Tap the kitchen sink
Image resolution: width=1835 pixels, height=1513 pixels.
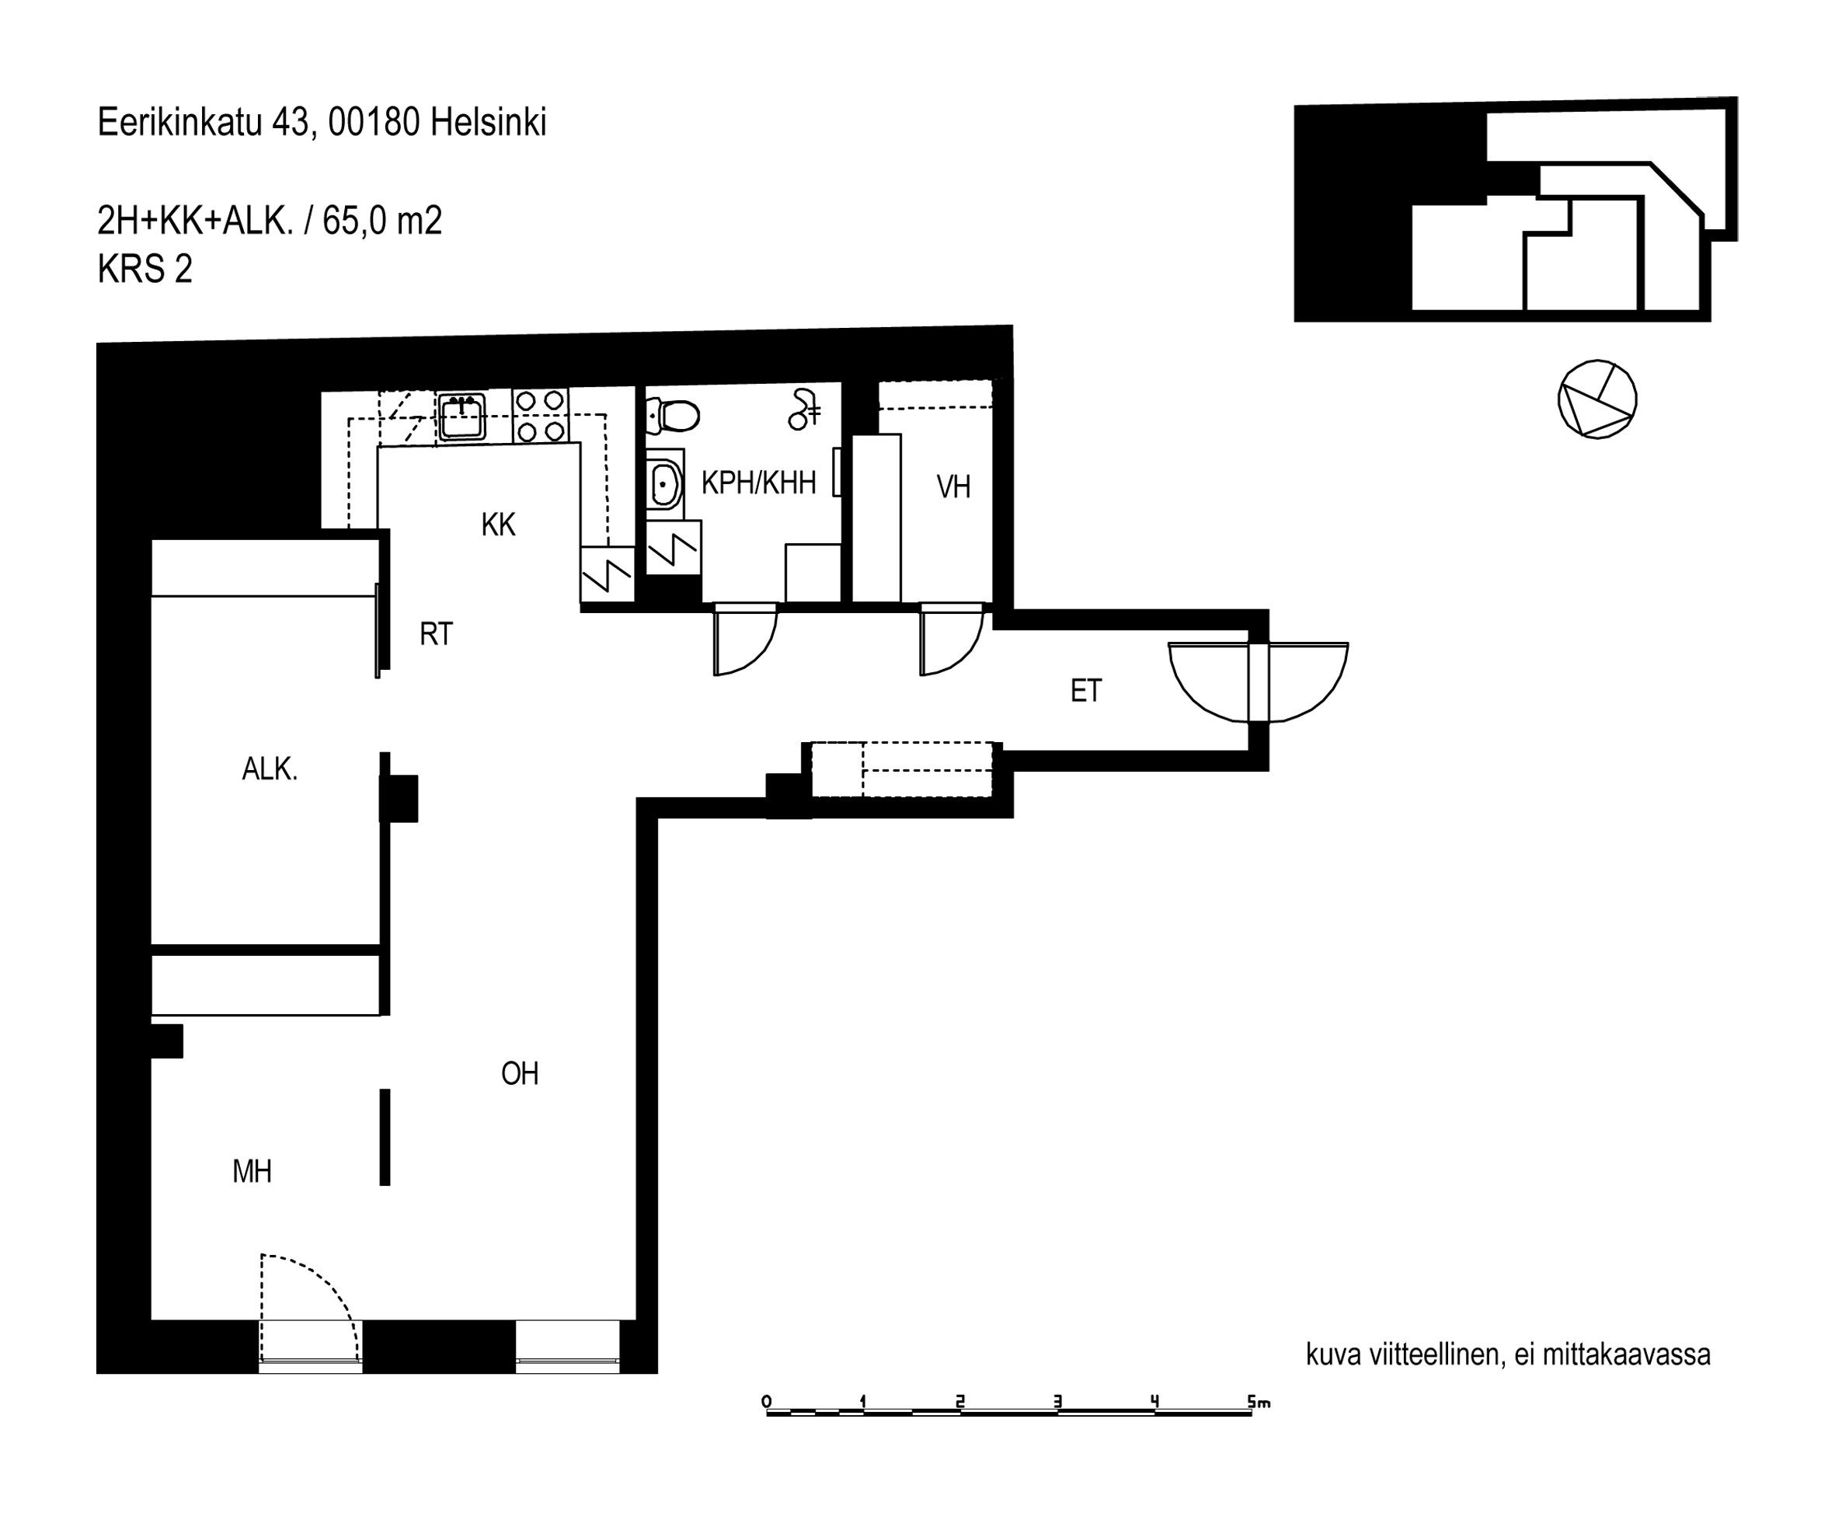(x=461, y=417)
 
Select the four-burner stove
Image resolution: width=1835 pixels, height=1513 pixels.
(x=540, y=415)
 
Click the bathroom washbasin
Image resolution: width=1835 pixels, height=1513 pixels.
(x=665, y=481)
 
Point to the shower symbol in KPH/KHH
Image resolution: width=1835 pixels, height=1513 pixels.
(x=804, y=410)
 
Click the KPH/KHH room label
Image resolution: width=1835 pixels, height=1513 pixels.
(x=758, y=482)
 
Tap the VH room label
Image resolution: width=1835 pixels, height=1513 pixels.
(x=953, y=486)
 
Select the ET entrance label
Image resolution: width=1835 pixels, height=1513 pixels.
(x=1085, y=691)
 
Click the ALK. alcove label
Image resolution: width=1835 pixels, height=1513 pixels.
(x=270, y=769)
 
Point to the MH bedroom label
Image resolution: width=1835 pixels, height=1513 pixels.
(x=252, y=1171)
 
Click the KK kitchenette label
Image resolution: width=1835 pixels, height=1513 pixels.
(x=499, y=524)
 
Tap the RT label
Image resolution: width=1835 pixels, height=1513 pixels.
(x=436, y=633)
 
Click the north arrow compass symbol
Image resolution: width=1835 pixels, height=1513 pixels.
(x=1597, y=399)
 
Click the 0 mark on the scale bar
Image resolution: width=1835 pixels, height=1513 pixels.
(x=766, y=1401)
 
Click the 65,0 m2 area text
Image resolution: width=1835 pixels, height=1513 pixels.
(x=382, y=221)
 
